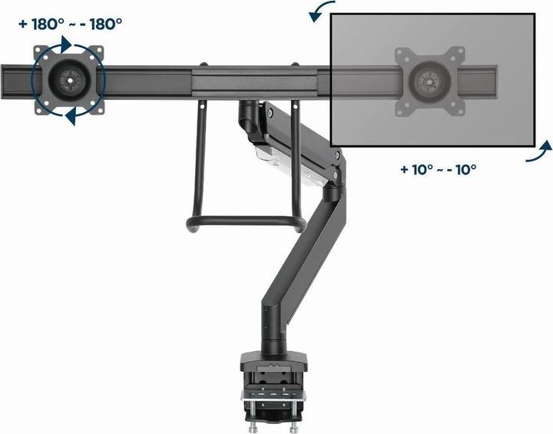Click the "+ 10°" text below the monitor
pos(417,169)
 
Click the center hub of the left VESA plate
pos(69,79)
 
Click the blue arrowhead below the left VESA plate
pos(71,116)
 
